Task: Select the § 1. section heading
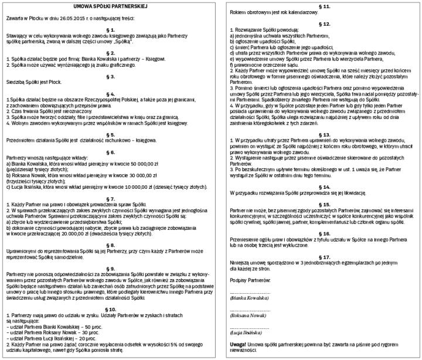tap(110, 29)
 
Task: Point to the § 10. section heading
tap(110, 291)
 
